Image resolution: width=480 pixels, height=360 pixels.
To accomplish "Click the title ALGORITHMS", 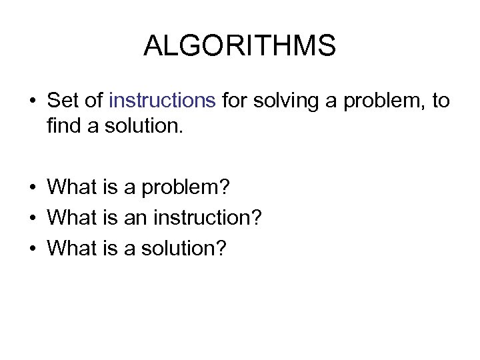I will (239, 46).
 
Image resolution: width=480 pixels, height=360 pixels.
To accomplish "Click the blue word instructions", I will (162, 101).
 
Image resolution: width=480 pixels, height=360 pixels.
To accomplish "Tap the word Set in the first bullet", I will (63, 101).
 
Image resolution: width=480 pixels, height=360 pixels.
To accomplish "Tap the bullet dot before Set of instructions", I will (32, 101).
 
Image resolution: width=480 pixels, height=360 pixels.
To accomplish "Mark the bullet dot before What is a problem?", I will (32, 187).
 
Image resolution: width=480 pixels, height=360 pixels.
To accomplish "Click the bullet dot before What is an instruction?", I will (32, 218).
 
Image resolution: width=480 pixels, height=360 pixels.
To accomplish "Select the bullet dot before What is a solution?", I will (32, 249).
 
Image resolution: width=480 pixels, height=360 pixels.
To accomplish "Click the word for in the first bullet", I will (233, 101).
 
